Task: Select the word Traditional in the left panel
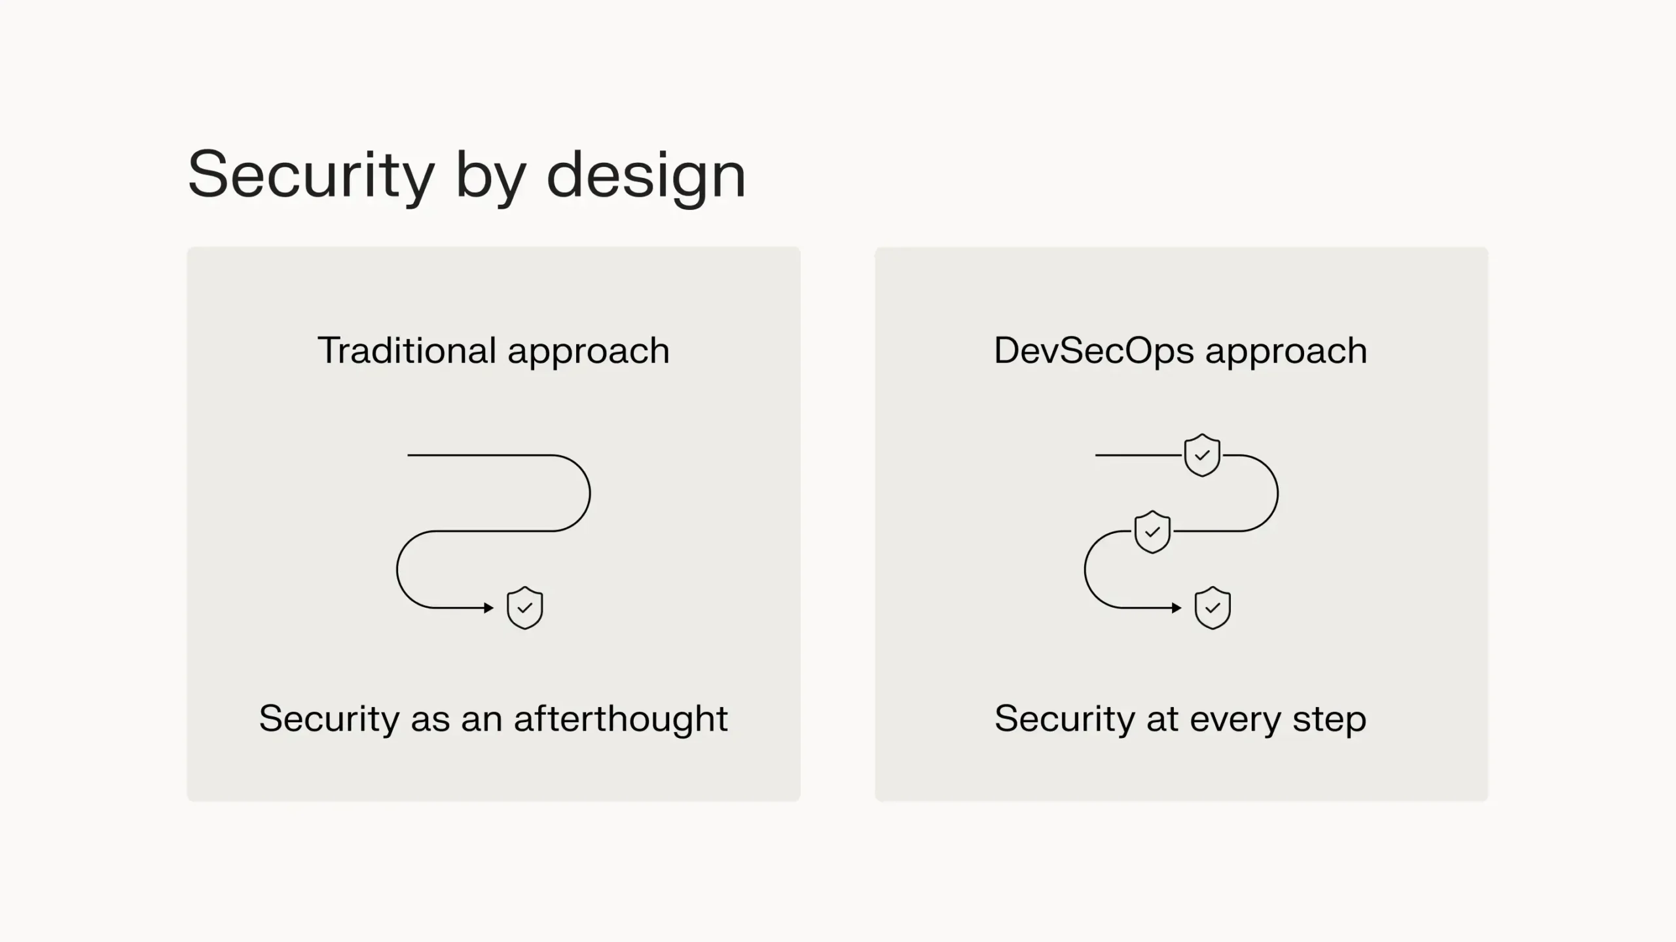point(407,351)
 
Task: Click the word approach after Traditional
point(589,352)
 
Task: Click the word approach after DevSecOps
point(1286,352)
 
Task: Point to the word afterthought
point(621,718)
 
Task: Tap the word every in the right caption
point(1235,720)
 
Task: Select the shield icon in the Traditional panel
point(525,608)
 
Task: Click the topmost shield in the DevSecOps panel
point(1202,455)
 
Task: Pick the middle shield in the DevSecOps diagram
point(1152,531)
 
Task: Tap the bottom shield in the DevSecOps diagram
point(1212,608)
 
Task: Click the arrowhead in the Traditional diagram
point(488,608)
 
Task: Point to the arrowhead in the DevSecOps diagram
point(1176,608)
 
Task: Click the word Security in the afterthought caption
point(329,718)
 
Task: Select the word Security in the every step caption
point(1065,718)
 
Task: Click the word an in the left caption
point(482,718)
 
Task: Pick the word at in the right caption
point(1162,718)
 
